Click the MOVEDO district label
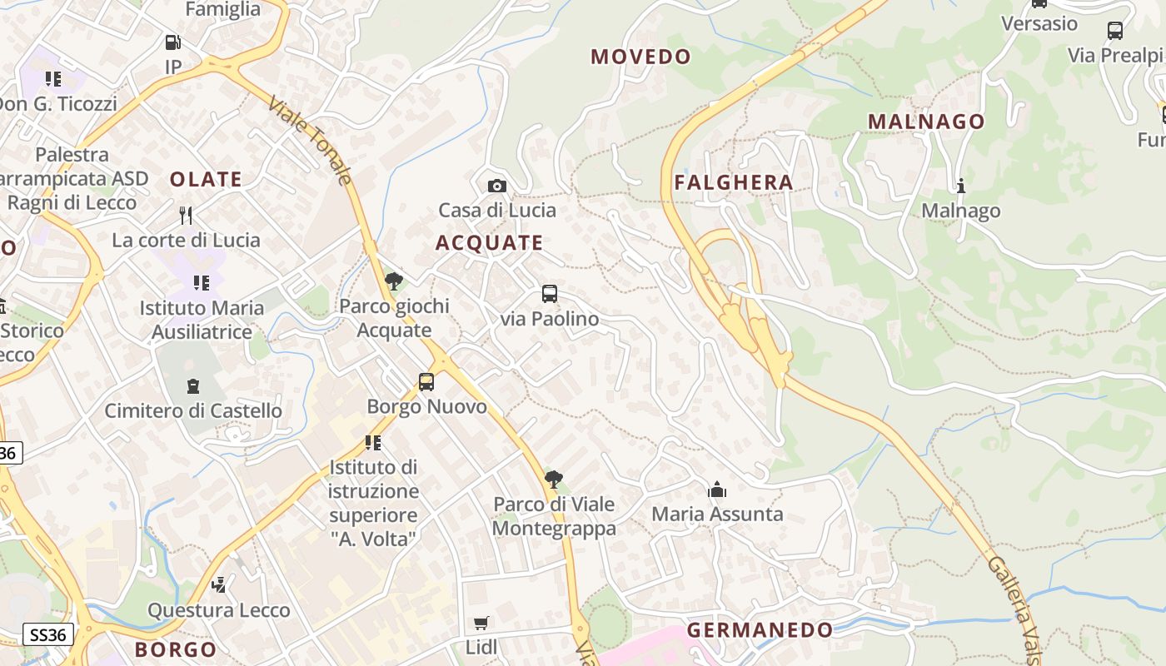640,57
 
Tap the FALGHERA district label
733,182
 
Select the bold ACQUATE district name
489,243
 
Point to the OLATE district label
206,179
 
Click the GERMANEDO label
760,630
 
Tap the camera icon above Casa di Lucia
496,186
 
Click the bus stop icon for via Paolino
550,294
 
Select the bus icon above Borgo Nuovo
426,382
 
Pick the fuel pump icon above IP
172,42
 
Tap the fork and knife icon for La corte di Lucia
186,216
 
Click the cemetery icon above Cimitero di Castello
193,386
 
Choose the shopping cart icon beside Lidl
481,624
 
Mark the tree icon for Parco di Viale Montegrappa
553,480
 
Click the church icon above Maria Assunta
717,490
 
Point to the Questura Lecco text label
219,610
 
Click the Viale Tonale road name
311,140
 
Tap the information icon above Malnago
960,186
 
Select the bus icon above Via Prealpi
1115,31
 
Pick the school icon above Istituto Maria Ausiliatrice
201,283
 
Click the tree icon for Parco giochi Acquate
394,281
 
